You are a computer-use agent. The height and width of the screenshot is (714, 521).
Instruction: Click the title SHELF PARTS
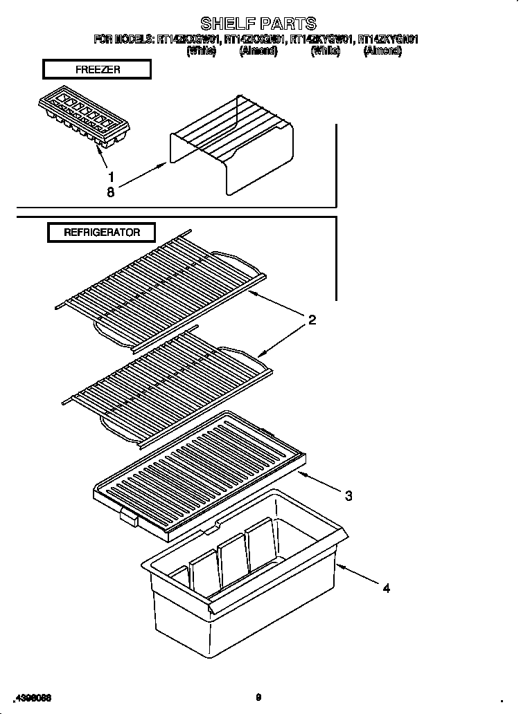pyautogui.click(x=258, y=24)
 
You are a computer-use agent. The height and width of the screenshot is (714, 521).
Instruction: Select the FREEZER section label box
pyautogui.click(x=96, y=70)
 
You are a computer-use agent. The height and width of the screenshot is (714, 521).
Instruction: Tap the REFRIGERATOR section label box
pyautogui.click(x=101, y=232)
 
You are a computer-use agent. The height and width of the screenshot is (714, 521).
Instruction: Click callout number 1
pyautogui.click(x=111, y=176)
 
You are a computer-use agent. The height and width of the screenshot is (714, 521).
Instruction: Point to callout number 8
pyautogui.click(x=111, y=193)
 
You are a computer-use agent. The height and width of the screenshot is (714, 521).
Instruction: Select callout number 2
pyautogui.click(x=312, y=320)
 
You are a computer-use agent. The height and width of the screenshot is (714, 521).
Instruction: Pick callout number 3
pyautogui.click(x=348, y=495)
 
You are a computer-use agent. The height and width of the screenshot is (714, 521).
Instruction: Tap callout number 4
pyautogui.click(x=386, y=588)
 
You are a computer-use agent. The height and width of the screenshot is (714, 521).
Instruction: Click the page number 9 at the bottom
pyautogui.click(x=258, y=697)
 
